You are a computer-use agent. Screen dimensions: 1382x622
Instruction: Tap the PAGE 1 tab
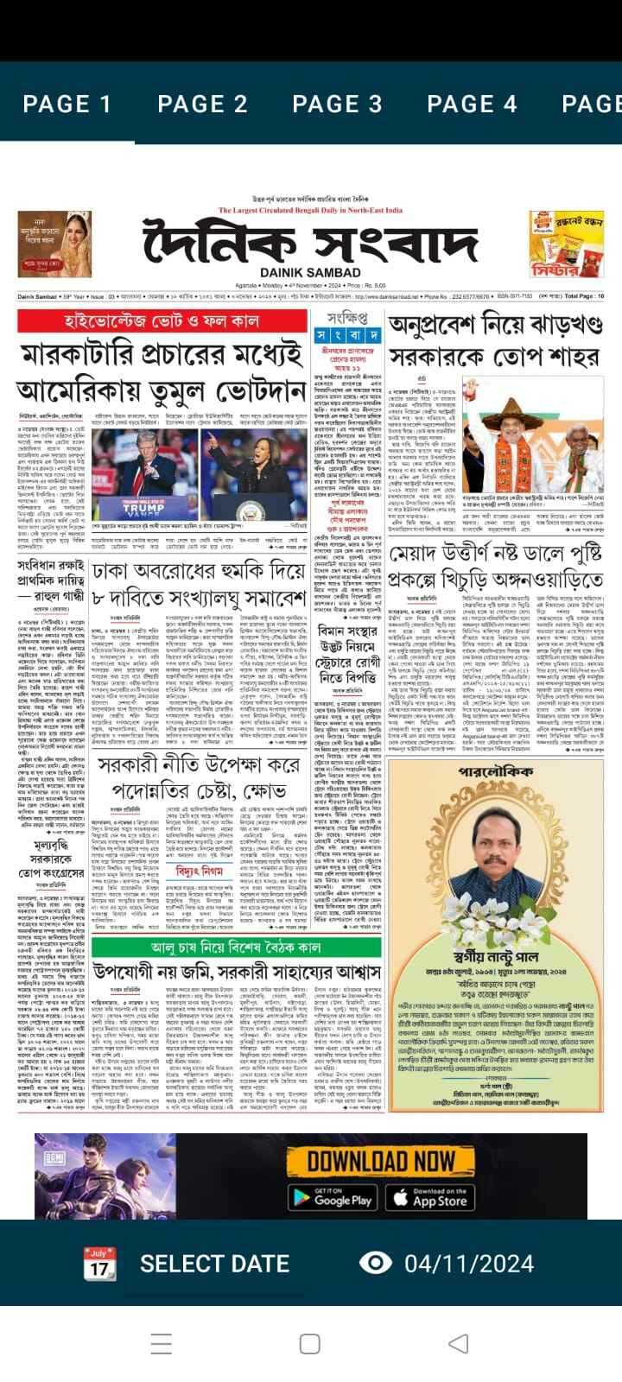tap(67, 105)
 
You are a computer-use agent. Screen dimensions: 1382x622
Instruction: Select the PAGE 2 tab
tap(202, 105)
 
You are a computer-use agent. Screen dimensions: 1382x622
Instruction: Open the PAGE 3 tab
tap(337, 105)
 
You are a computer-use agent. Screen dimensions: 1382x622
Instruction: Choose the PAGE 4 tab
tap(472, 105)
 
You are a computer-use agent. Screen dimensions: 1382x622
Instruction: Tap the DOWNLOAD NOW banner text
tap(381, 1159)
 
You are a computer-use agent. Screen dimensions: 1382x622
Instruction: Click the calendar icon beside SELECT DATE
tap(99, 1264)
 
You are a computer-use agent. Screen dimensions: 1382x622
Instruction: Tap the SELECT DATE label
tap(214, 1264)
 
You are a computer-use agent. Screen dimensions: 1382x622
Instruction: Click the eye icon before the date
tap(375, 1263)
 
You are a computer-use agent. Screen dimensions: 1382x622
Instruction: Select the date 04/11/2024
tap(469, 1264)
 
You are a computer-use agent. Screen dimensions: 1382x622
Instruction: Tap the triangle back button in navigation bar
tap(459, 1343)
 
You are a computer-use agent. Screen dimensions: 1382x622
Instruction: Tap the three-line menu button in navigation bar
tap(162, 1343)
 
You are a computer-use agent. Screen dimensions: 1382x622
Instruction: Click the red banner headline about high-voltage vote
tap(162, 321)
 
